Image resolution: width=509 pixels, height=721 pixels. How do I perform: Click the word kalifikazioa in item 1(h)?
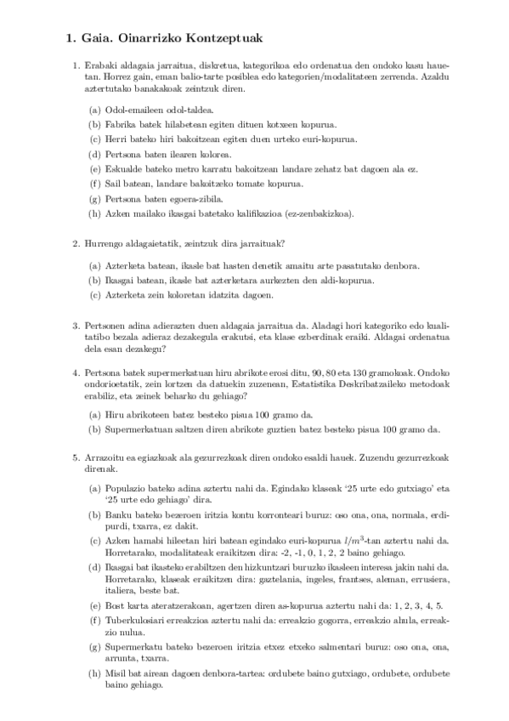point(234,213)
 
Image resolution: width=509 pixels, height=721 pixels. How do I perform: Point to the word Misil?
point(115,673)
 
